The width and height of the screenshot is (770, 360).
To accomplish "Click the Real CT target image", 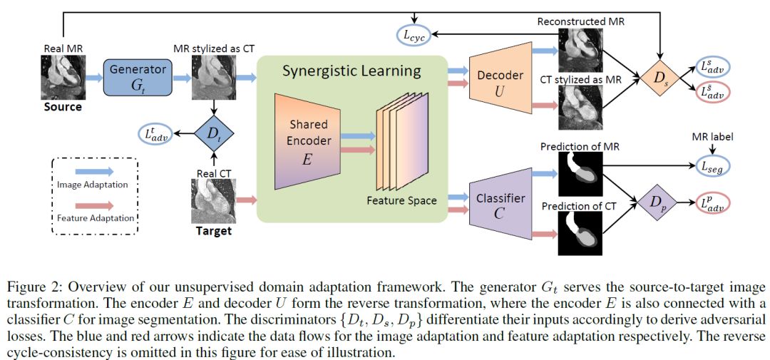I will pos(213,202).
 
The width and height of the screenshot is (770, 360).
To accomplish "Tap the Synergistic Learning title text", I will pos(351,71).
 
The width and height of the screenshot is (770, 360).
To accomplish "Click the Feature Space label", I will pos(401,200).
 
